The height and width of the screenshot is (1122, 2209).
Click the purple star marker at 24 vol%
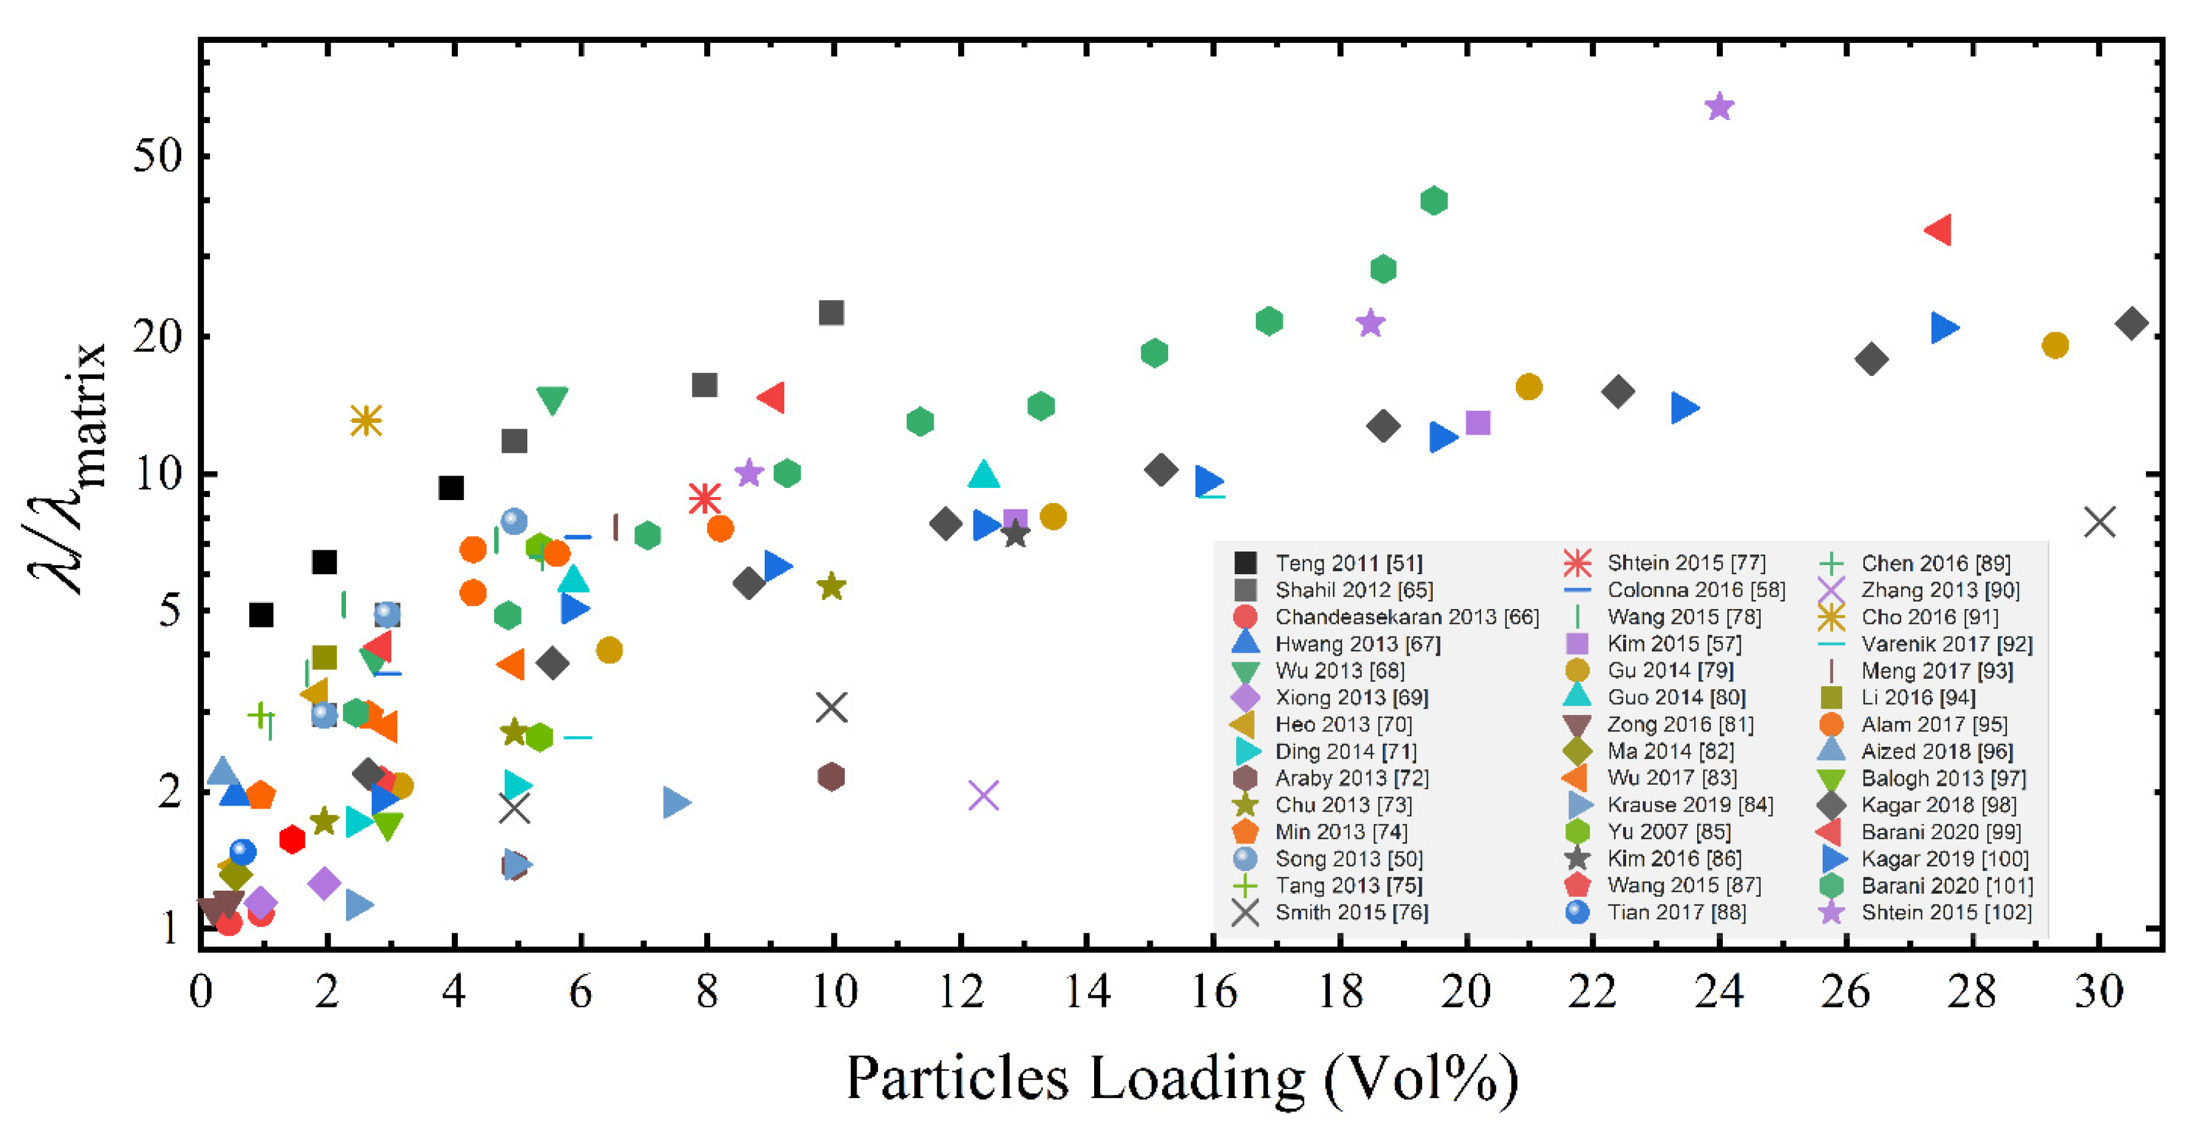pyautogui.click(x=1719, y=107)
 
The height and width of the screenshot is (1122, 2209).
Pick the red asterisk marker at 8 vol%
pyautogui.click(x=705, y=498)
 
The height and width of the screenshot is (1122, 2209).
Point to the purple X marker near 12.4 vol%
pyautogui.click(x=984, y=795)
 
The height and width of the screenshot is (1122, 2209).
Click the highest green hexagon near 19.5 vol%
pyautogui.click(x=1434, y=201)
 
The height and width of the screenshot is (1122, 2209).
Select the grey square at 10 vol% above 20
pyautogui.click(x=831, y=312)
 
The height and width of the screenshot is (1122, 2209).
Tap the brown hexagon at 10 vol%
pyautogui.click(x=831, y=777)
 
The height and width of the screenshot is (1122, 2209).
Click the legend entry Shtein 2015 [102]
pyautogui.click(x=1945, y=912)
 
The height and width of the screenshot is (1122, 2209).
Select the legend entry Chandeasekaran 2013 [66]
pyautogui.click(x=1406, y=617)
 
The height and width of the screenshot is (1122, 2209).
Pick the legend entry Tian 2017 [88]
pyautogui.click(x=1676, y=912)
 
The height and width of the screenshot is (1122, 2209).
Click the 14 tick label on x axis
pyautogui.click(x=1087, y=993)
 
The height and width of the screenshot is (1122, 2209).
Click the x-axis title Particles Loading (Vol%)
pyautogui.click(x=1182, y=1079)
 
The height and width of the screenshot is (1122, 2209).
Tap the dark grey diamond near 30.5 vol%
pyautogui.click(x=2132, y=323)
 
